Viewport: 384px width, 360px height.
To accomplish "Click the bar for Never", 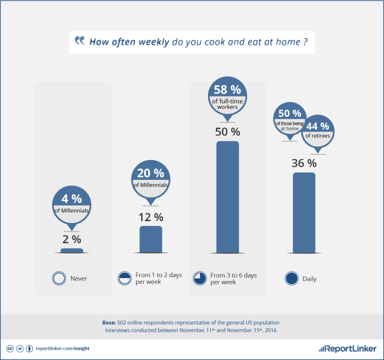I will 72,250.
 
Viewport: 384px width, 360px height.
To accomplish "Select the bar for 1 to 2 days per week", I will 150,239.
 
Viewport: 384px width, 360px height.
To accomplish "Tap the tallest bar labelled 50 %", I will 227,197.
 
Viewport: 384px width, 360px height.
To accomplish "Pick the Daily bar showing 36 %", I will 304,212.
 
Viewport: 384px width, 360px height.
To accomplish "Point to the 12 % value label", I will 150,217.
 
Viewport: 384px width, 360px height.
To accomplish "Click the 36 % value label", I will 304,163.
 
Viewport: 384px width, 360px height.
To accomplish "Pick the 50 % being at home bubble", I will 290,119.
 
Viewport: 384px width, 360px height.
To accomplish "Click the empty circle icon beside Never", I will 59,278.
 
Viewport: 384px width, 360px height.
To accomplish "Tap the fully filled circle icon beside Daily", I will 291,278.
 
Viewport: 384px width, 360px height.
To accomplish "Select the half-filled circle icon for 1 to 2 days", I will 124,278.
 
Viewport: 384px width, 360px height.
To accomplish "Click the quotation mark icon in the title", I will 79,41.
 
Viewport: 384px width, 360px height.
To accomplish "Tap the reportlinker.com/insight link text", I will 62,348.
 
